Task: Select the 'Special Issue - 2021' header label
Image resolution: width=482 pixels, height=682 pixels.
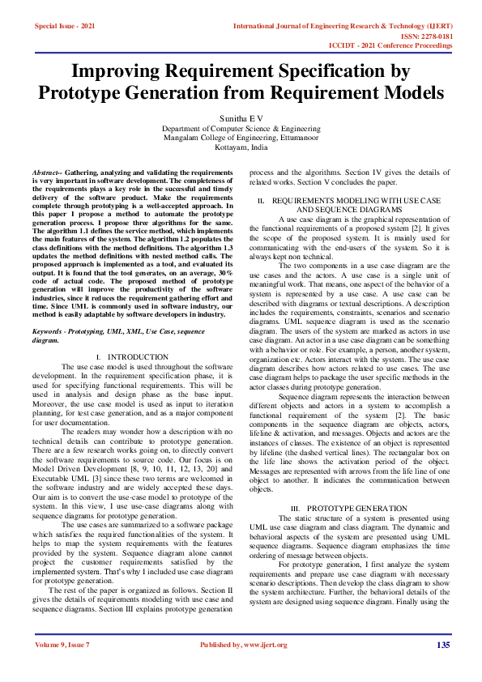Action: point(65,27)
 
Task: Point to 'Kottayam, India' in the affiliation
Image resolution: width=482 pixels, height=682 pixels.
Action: point(241,148)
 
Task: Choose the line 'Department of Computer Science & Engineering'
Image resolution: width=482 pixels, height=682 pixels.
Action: point(241,129)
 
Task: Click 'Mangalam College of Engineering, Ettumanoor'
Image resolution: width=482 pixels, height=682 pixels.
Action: point(241,139)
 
